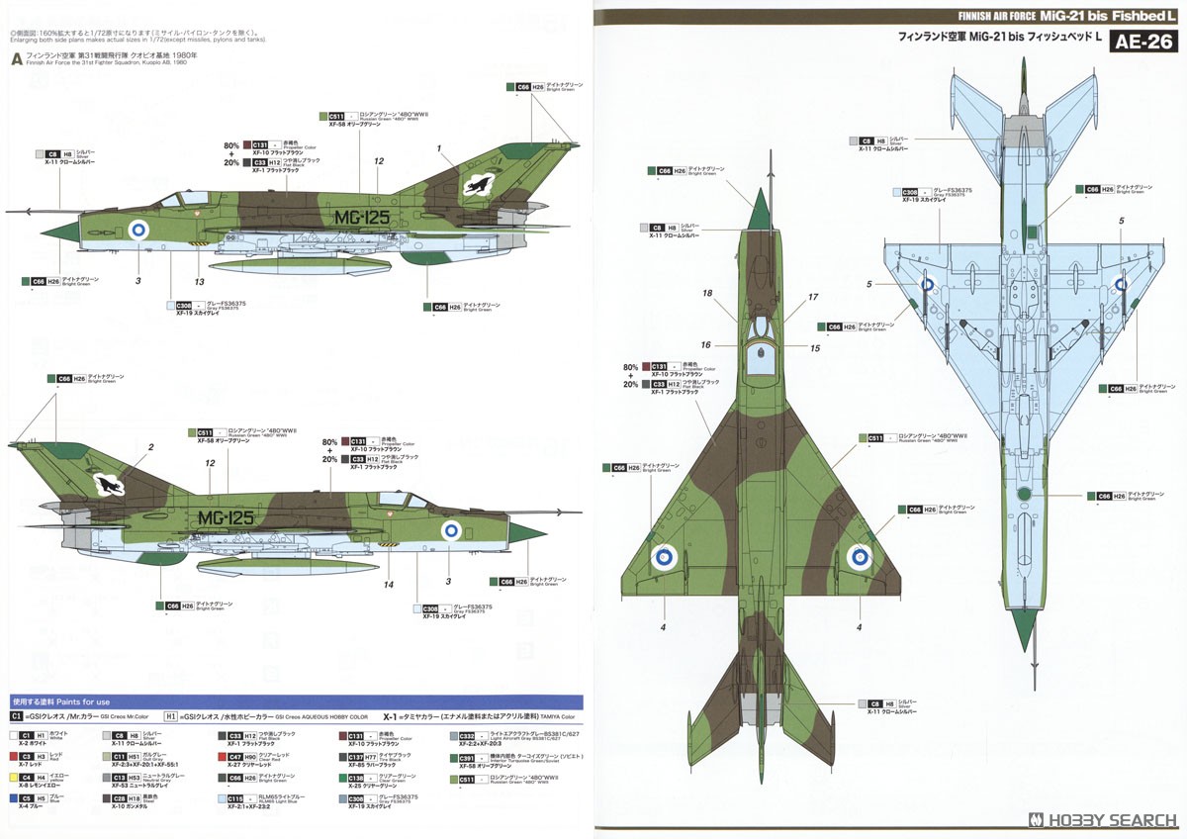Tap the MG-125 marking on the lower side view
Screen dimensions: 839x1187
click(x=226, y=517)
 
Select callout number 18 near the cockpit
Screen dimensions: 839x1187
click(x=707, y=294)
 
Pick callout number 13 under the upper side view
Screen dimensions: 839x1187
click(x=200, y=282)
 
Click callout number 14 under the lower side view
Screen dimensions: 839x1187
click(x=389, y=586)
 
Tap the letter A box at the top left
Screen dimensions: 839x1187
click(x=16, y=58)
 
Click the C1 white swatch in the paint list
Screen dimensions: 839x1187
click(x=17, y=736)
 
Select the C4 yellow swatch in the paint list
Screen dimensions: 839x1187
click(x=17, y=777)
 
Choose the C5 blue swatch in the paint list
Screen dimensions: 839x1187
click(x=17, y=797)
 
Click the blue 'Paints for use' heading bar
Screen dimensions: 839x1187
click(x=297, y=701)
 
